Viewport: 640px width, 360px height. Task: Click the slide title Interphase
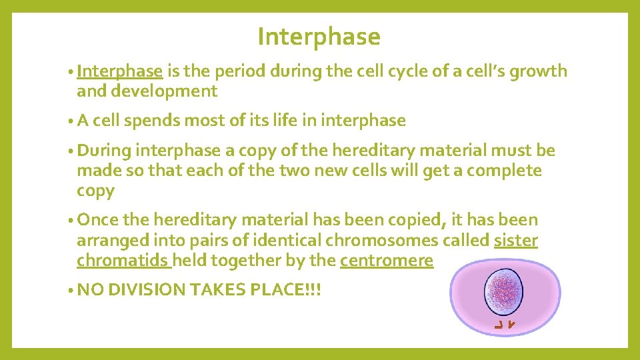point(319,37)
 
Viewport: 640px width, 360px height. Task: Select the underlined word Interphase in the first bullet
point(119,71)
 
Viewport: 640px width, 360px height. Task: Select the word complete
point(504,171)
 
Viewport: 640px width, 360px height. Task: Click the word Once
point(101,220)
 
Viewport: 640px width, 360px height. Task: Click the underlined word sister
point(515,240)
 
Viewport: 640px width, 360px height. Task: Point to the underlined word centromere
point(386,260)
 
